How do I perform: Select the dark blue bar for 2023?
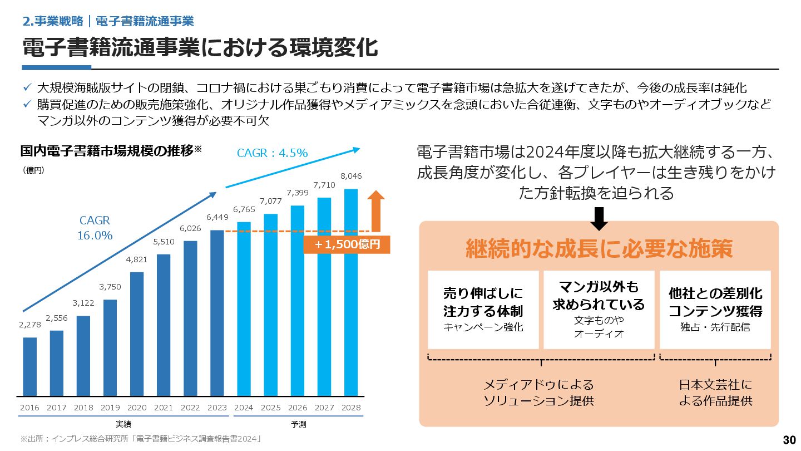[x=217, y=312]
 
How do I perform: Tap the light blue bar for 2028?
[x=351, y=292]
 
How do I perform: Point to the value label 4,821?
[x=137, y=259]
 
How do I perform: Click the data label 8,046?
[x=351, y=176]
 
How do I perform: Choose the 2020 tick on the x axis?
[x=137, y=408]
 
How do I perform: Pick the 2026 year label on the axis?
[x=298, y=408]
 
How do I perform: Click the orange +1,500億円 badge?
[x=347, y=244]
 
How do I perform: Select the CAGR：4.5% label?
[x=272, y=153]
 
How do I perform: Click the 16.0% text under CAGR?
[x=95, y=236]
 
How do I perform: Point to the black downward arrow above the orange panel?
[x=599, y=218]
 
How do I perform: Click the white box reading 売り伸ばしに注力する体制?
[x=483, y=310]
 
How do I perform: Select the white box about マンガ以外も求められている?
[x=599, y=310]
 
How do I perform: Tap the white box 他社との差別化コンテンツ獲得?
[x=715, y=310]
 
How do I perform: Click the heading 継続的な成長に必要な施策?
[x=599, y=249]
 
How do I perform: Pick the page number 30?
[x=789, y=440]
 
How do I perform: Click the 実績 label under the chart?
[x=123, y=424]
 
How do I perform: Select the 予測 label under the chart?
[x=298, y=424]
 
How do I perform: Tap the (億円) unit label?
[x=33, y=170]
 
